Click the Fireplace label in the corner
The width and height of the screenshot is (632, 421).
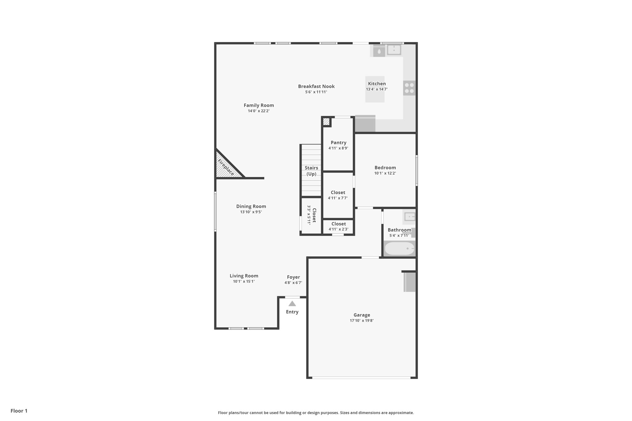pyautogui.click(x=226, y=167)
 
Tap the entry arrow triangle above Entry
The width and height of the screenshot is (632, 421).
pyautogui.click(x=292, y=303)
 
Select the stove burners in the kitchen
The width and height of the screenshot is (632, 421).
pyautogui.click(x=409, y=88)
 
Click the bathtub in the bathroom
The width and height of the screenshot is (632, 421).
pyautogui.click(x=399, y=249)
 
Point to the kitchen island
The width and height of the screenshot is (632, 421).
pyautogui.click(x=375, y=89)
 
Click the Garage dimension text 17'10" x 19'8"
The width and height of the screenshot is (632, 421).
pyautogui.click(x=362, y=320)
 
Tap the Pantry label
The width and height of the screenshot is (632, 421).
pyautogui.click(x=339, y=142)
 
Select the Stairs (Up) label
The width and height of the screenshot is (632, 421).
pyautogui.click(x=311, y=171)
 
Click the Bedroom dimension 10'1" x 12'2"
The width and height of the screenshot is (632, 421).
pyautogui.click(x=385, y=173)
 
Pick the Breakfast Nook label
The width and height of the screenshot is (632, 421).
pyautogui.click(x=316, y=86)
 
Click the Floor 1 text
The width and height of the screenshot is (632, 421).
pyautogui.click(x=19, y=411)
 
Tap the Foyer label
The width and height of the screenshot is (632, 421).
pyautogui.click(x=293, y=277)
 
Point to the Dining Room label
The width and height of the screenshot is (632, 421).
pyautogui.click(x=251, y=206)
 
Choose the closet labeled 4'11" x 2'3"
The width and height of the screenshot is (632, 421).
pyautogui.click(x=339, y=226)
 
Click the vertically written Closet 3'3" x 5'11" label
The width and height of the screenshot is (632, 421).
pyautogui.click(x=312, y=215)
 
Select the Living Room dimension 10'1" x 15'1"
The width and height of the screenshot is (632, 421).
pyautogui.click(x=244, y=281)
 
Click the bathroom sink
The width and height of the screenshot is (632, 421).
pyautogui.click(x=410, y=217)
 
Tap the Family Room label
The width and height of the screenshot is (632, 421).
pyautogui.click(x=259, y=105)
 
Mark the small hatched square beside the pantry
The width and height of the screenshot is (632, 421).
pyautogui.click(x=326, y=122)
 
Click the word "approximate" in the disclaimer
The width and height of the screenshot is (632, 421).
pyautogui.click(x=401, y=413)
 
